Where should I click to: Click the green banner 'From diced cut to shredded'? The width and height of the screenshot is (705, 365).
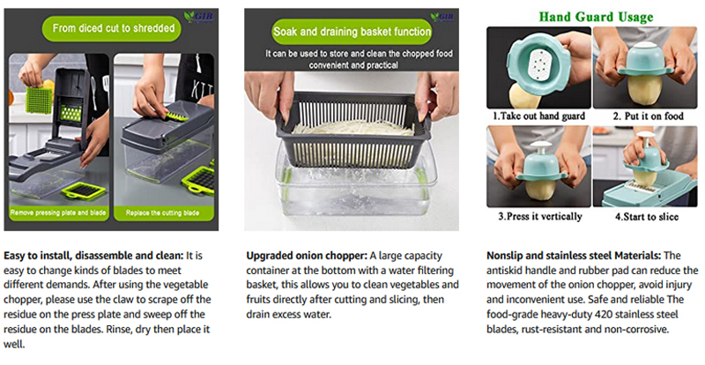118,26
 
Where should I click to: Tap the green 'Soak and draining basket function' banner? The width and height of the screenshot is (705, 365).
352,34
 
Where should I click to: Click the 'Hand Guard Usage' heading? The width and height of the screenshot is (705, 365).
596,17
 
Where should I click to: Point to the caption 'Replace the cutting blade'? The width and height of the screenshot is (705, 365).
173,212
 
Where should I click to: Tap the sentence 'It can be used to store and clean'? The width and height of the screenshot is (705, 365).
352,54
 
